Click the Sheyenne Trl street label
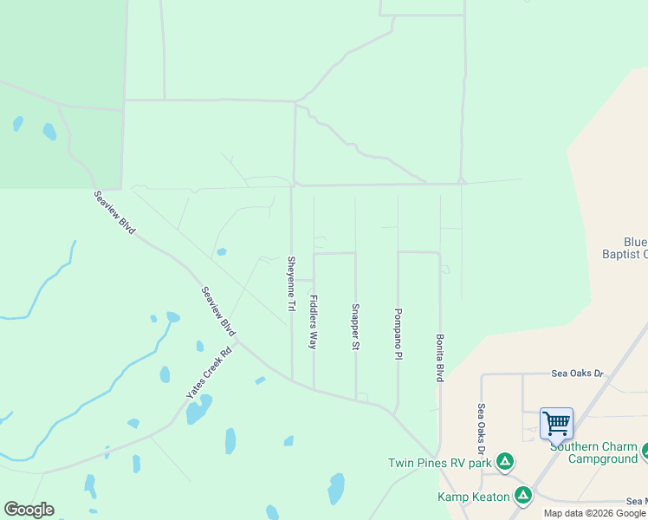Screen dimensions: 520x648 pyautogui.click(x=292, y=283)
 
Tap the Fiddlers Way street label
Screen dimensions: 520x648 pyautogui.click(x=314, y=322)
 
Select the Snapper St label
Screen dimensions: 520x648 pyautogui.click(x=355, y=327)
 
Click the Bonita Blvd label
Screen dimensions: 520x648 pyautogui.click(x=440, y=358)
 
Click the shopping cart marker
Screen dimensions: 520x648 pyautogui.click(x=556, y=425)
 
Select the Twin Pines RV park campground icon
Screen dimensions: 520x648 pyautogui.click(x=505, y=461)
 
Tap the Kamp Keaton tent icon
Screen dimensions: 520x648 pyautogui.click(x=522, y=495)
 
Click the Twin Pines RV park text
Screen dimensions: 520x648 pyautogui.click(x=440, y=463)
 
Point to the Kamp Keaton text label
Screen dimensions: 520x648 pyautogui.click(x=475, y=497)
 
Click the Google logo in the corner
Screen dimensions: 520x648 pyautogui.click(x=29, y=510)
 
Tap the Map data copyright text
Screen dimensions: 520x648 pyautogui.click(x=594, y=513)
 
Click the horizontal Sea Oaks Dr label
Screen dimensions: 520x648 pyautogui.click(x=577, y=374)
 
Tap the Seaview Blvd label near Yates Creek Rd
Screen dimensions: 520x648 pyautogui.click(x=218, y=311)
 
